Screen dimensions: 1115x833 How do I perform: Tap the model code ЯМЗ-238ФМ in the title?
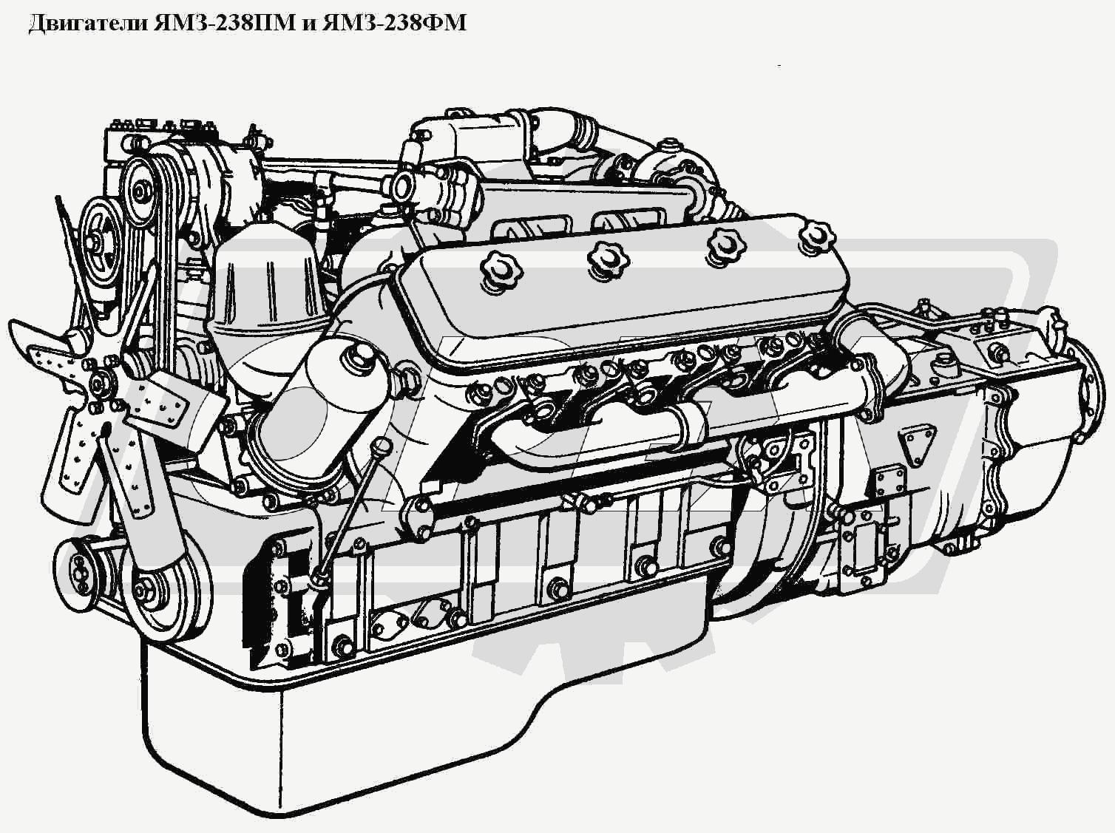tap(394, 23)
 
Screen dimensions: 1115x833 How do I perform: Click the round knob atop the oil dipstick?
tap(382, 448)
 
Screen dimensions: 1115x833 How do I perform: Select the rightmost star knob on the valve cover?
tap(816, 237)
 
